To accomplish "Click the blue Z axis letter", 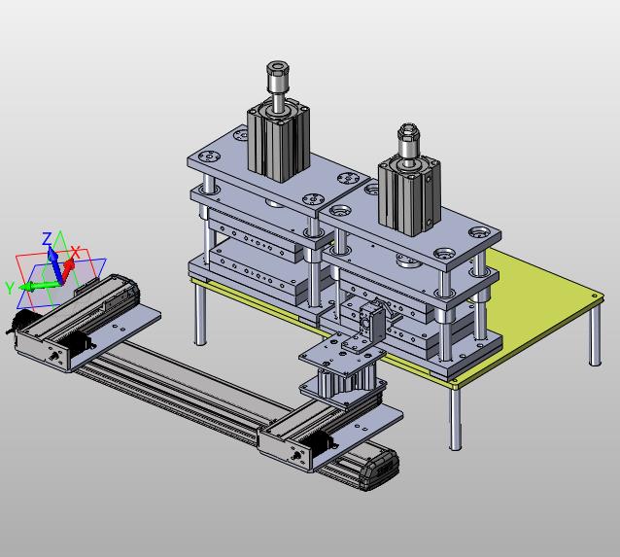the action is point(47,239).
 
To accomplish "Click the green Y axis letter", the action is point(10,288).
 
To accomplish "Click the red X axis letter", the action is point(76,251).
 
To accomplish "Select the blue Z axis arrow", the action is point(55,264).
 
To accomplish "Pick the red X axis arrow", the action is point(68,269).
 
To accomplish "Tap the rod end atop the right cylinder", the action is point(410,140).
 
